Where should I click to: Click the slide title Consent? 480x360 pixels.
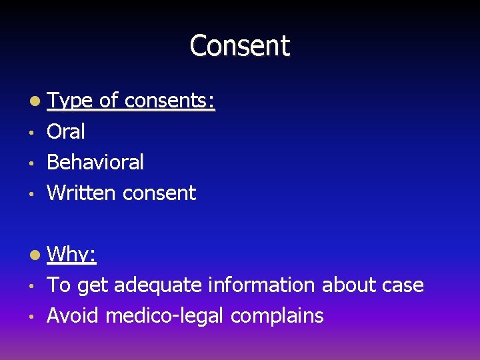tap(240, 46)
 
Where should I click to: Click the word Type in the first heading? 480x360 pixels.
tap(71, 101)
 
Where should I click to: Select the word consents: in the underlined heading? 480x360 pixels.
tap(169, 101)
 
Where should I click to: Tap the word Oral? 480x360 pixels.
tap(66, 132)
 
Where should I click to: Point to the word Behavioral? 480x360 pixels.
tap(95, 162)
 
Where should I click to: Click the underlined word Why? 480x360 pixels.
tap(73, 254)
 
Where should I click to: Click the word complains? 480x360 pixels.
tap(277, 315)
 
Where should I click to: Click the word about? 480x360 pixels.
tap(345, 285)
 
